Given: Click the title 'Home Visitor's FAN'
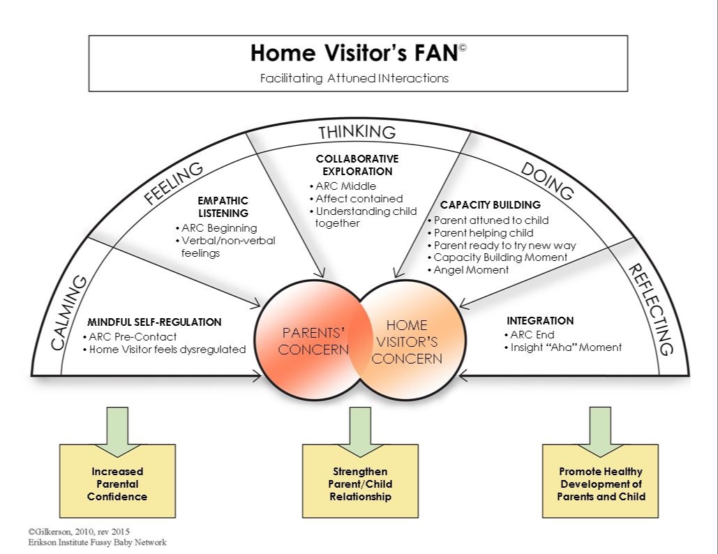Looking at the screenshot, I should [354, 54].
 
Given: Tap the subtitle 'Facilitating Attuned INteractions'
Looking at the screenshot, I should [354, 78].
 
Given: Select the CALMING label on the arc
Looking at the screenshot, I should [70, 313].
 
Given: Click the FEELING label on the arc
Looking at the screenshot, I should [174, 183].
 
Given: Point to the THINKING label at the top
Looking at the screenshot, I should [357, 132].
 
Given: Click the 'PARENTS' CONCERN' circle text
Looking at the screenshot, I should [313, 339].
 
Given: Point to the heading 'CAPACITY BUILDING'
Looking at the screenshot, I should [491, 205].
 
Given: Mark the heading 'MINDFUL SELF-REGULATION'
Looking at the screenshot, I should [154, 322].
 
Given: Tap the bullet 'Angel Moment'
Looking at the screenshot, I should [472, 270].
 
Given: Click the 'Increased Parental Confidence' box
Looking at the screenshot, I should [117, 484].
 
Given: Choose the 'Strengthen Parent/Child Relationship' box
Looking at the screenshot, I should [359, 484].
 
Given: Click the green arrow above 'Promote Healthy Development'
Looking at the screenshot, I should [600, 423].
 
